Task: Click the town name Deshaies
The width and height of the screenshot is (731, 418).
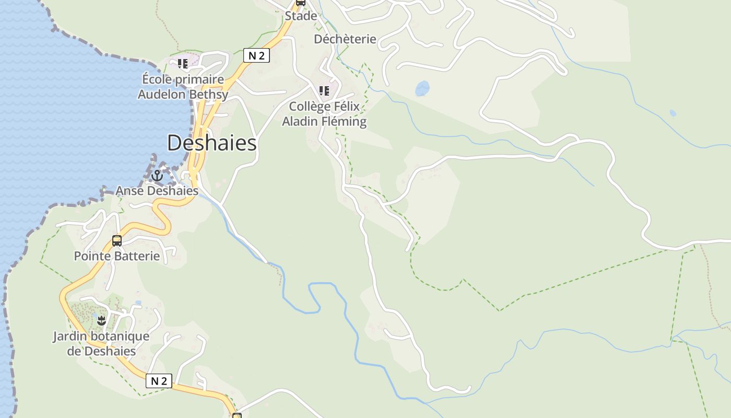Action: coord(211,143)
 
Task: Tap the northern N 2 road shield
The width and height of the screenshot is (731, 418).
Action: coord(256,55)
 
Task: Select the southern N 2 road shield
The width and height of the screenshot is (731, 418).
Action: coord(158,381)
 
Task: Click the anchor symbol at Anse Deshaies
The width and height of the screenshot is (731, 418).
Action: coord(157,176)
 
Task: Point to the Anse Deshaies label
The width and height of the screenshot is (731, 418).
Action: coord(157,191)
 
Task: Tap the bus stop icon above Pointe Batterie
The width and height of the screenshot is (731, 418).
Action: coord(117,241)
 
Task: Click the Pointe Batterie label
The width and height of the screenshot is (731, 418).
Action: coord(116,256)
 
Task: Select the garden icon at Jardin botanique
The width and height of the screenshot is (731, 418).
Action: coord(102,320)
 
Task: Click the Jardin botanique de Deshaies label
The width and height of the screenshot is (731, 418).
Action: coord(101,343)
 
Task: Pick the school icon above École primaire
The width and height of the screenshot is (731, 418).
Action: coord(182,64)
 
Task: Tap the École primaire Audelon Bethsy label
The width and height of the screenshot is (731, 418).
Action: coord(183,87)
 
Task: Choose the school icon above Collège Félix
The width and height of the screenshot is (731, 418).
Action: coord(324,91)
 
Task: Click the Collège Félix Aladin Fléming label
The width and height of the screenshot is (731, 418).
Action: coord(324,114)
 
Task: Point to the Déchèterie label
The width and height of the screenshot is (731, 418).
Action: coord(345,39)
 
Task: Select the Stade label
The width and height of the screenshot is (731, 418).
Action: coord(301,16)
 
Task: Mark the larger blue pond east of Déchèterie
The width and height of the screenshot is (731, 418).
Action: coord(422,88)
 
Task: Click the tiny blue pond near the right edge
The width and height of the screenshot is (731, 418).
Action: coord(673,113)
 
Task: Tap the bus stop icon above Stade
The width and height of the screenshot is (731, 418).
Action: coord(300,3)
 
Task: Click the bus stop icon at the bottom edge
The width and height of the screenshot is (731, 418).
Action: coord(237,416)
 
